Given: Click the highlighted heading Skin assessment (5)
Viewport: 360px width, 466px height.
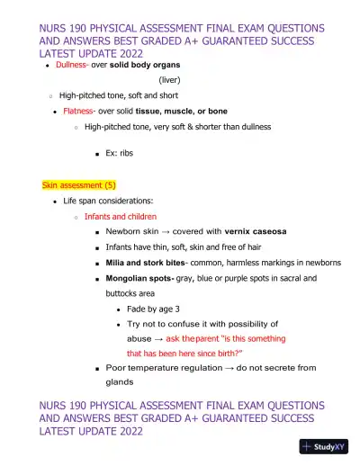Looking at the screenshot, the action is pos(78,185).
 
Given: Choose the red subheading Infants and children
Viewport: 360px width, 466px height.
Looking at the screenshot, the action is pos(121,217).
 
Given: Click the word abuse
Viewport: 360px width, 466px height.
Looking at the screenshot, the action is pos(141,338).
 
